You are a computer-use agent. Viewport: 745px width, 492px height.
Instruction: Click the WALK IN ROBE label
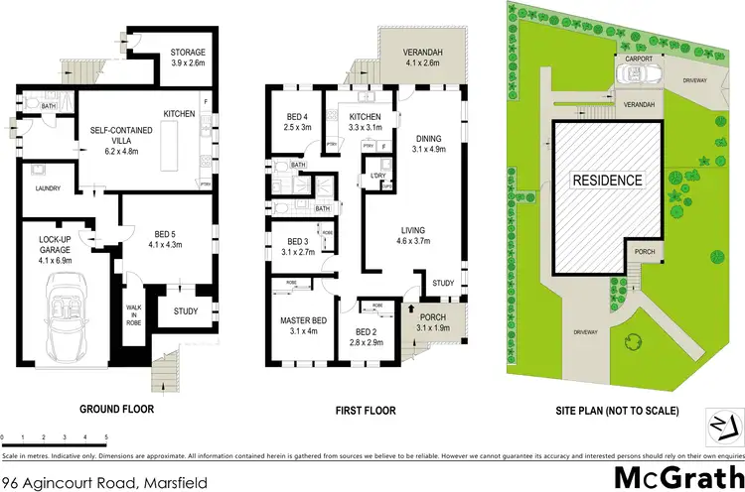(x=131, y=314)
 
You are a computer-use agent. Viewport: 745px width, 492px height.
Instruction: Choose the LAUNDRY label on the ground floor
(x=48, y=188)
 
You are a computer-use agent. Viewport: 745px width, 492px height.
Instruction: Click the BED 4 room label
(x=298, y=121)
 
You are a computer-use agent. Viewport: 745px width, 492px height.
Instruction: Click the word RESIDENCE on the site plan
(x=606, y=182)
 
